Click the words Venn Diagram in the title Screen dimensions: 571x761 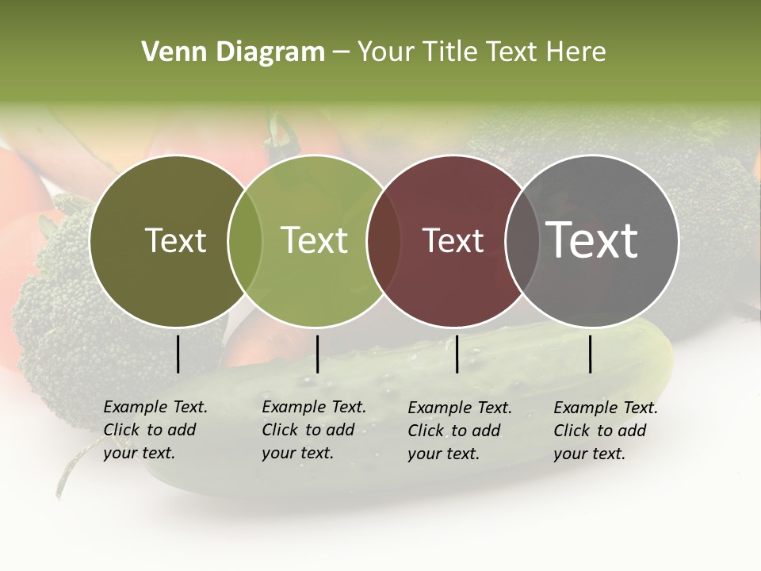[x=233, y=52]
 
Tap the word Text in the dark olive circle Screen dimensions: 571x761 [x=175, y=240]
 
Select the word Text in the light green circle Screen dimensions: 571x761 [x=315, y=240]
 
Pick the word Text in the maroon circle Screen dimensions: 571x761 [x=453, y=240]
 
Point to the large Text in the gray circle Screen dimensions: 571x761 [x=592, y=240]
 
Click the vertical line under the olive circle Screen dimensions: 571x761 [x=178, y=354]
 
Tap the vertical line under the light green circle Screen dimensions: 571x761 [x=317, y=354]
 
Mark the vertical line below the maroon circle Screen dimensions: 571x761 [x=457, y=354]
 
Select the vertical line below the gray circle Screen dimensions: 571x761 [x=591, y=354]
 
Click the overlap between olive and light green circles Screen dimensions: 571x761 [x=245, y=240]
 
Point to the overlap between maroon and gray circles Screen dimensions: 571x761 [x=522, y=240]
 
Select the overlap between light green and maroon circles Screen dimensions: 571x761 [x=384, y=240]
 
